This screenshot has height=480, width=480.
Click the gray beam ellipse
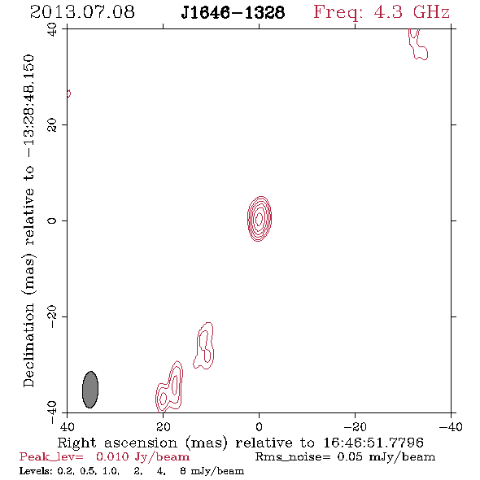(90, 390)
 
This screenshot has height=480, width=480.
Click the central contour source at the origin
(260, 219)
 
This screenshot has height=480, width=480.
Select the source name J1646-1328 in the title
(233, 12)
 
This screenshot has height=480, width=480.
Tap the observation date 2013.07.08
(82, 12)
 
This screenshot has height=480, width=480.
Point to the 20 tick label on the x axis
(164, 427)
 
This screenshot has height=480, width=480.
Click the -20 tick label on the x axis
(355, 427)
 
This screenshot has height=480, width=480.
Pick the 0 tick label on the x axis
(260, 427)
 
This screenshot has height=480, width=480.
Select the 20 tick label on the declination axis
(52, 125)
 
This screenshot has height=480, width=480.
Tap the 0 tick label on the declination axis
(52, 220)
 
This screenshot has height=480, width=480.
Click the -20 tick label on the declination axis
(52, 316)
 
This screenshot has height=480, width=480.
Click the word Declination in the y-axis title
(28, 345)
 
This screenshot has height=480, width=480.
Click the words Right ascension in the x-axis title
(117, 443)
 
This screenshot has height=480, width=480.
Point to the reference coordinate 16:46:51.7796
(373, 443)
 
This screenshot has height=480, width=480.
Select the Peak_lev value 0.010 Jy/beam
(142, 456)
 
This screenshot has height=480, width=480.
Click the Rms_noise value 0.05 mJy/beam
(386, 456)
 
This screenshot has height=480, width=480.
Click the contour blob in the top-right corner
(418, 45)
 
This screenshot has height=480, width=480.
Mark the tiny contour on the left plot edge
(68, 94)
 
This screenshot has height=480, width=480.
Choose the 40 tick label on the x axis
(67, 427)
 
